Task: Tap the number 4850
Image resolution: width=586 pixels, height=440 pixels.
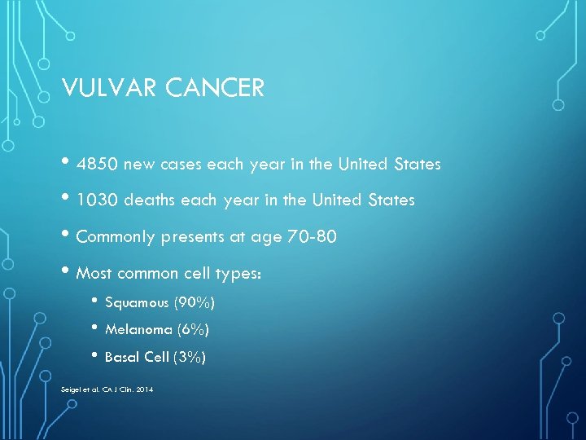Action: (x=98, y=165)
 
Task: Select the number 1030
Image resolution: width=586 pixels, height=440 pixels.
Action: (x=98, y=200)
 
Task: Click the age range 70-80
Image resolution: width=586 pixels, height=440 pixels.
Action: (x=310, y=238)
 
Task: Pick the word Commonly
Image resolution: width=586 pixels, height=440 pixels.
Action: (x=118, y=238)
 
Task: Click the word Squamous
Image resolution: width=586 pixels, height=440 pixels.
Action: (x=137, y=303)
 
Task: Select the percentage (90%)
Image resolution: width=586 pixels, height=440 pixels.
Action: (x=194, y=303)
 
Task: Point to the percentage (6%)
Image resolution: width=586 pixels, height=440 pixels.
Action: (x=193, y=330)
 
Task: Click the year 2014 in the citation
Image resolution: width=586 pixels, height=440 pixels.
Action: (x=144, y=389)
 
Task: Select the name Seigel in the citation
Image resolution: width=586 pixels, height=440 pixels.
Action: (x=72, y=389)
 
